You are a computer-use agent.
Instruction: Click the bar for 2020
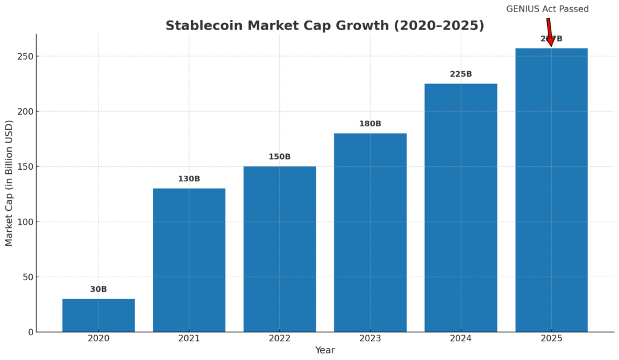[x=99, y=315]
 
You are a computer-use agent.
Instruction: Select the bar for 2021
[x=189, y=260]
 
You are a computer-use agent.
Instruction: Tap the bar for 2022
[x=279, y=249]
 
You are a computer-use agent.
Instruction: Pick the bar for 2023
[x=370, y=233]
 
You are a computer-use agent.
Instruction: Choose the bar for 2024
[x=461, y=208]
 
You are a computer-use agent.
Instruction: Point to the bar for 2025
[x=551, y=190]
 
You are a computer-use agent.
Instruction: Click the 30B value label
[x=99, y=289]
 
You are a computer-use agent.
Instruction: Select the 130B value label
[x=189, y=179]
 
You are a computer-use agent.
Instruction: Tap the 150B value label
[x=279, y=157]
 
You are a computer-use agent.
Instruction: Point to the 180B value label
[x=370, y=124]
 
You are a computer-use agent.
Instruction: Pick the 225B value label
[x=461, y=74]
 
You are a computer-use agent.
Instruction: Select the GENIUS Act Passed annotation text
[x=547, y=9]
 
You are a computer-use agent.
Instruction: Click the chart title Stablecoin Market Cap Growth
[x=325, y=26]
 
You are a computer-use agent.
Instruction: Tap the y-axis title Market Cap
[x=9, y=182]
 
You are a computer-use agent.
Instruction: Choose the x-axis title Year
[x=325, y=350]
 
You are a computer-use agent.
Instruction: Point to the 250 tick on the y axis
[x=25, y=56]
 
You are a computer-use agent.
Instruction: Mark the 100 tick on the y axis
[x=25, y=222]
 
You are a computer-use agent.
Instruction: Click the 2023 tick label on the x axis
[x=370, y=339]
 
